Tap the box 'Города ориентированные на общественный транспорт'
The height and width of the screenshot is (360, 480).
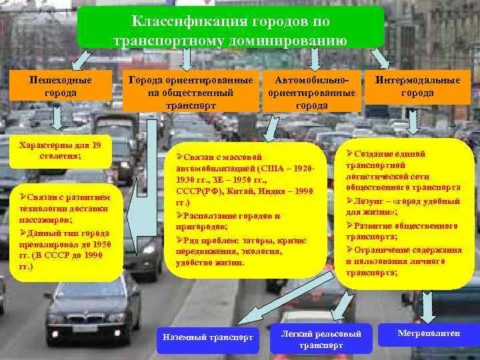point(191,92)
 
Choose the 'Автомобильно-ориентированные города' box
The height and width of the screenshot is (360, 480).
point(311,92)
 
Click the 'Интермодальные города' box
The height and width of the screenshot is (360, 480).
point(417,87)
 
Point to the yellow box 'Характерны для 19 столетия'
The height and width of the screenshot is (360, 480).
point(59,151)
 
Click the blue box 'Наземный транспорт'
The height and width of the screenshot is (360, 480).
point(208,337)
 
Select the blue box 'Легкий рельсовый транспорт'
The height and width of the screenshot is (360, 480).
point(321,339)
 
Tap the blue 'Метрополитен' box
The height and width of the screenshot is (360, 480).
point(428,333)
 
